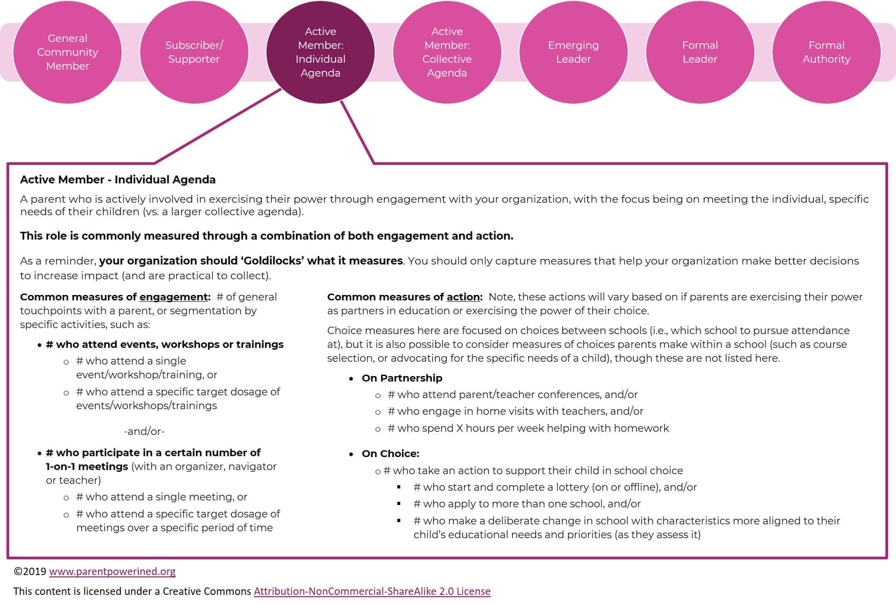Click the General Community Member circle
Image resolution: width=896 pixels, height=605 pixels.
pyautogui.click(x=67, y=52)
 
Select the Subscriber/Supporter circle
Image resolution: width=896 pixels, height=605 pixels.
pyautogui.click(x=194, y=52)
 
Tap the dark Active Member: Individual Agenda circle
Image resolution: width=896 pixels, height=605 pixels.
pyautogui.click(x=320, y=52)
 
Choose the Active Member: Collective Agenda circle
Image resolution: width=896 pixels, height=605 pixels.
pyautogui.click(x=447, y=52)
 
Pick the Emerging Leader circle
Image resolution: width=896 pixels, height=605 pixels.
pyautogui.click(x=573, y=52)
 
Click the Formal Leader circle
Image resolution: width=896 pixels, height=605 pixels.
pyautogui.click(x=700, y=52)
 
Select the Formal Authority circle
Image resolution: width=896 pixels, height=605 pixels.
pyautogui.click(x=826, y=52)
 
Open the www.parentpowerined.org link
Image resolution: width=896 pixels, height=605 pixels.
pyautogui.click(x=112, y=572)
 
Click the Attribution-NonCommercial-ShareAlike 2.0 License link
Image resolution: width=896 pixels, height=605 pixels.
pyautogui.click(x=372, y=591)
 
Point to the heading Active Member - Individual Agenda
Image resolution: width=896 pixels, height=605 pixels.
pyautogui.click(x=118, y=180)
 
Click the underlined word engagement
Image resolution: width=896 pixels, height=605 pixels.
pyautogui.click(x=174, y=297)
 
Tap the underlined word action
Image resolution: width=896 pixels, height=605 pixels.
pyautogui.click(x=463, y=297)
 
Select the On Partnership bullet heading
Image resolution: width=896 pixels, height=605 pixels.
pyautogui.click(x=402, y=378)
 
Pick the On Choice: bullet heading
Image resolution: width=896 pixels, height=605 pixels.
pyautogui.click(x=390, y=454)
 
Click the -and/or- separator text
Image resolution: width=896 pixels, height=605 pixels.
pyautogui.click(x=144, y=431)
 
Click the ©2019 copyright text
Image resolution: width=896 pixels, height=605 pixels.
pyautogui.click(x=30, y=572)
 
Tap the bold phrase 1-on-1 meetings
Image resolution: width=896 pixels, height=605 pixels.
pyautogui.click(x=87, y=467)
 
